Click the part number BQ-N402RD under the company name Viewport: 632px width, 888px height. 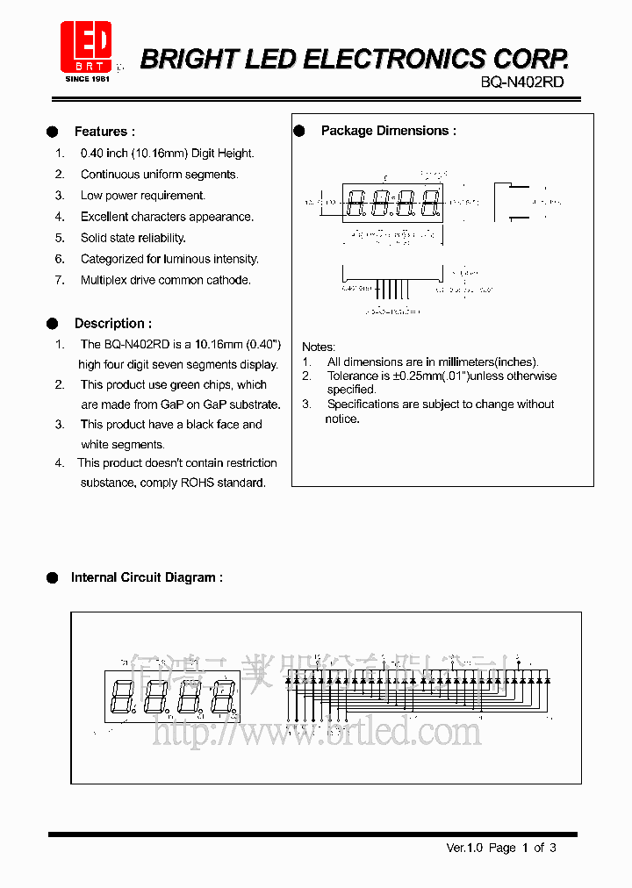pyautogui.click(x=522, y=82)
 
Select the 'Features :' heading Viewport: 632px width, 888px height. pyautogui.click(x=104, y=132)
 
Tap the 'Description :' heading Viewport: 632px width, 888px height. pyautogui.click(x=112, y=323)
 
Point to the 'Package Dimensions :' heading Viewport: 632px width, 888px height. pyautogui.click(x=388, y=131)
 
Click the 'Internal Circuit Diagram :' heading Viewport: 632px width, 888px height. pyautogui.click(x=147, y=577)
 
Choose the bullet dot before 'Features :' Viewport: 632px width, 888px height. pyautogui.click(x=53, y=132)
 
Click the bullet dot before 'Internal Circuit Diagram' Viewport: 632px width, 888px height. pyautogui.click(x=53, y=577)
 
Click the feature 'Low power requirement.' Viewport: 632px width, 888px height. pyautogui.click(x=143, y=196)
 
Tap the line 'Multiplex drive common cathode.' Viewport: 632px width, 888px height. pyautogui.click(x=166, y=280)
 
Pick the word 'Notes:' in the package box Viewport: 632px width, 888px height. pyautogui.click(x=319, y=347)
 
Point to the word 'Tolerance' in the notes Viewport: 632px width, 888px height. pyautogui.click(x=352, y=376)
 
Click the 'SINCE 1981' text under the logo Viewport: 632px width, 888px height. pyautogui.click(x=86, y=79)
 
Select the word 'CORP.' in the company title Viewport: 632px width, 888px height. pyautogui.click(x=531, y=59)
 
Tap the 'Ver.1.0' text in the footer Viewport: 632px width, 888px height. pyautogui.click(x=465, y=848)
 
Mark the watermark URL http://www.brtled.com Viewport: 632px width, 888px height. pyautogui.click(x=317, y=730)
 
